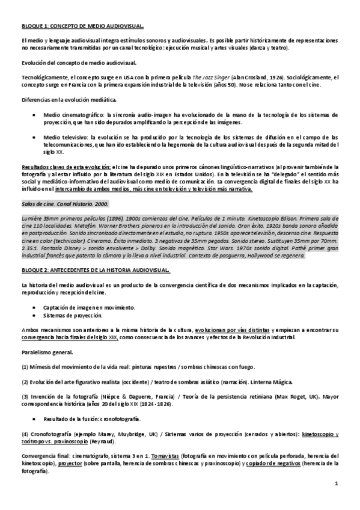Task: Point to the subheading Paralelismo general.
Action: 48,354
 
